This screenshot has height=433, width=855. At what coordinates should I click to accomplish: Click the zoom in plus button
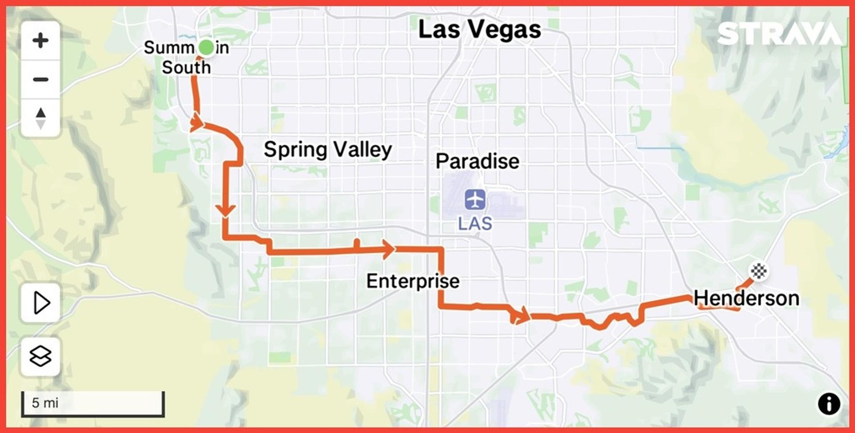tap(41, 40)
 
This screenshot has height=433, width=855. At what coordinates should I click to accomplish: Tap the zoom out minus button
tap(41, 80)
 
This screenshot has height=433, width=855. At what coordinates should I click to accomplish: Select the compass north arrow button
tap(41, 118)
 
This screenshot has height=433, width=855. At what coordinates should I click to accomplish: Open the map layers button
tap(41, 356)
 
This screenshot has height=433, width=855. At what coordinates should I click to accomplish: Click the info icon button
tap(829, 404)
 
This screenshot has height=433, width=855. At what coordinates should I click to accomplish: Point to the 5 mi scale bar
tap(93, 403)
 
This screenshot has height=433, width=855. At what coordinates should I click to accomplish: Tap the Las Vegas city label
tap(480, 30)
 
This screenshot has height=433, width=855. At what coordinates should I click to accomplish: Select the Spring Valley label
tap(328, 149)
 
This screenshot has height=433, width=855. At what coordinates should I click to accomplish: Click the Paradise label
tap(477, 161)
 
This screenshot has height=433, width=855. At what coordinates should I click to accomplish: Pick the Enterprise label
tap(413, 281)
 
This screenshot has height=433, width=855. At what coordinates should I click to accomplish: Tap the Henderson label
tap(746, 298)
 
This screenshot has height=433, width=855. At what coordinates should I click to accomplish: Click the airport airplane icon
tap(475, 199)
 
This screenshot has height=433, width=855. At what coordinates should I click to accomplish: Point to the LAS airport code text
tap(475, 223)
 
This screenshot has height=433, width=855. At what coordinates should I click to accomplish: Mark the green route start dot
tap(206, 47)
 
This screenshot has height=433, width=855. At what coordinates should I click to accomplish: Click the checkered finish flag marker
tap(758, 271)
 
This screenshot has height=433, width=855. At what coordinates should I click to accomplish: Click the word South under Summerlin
tap(186, 68)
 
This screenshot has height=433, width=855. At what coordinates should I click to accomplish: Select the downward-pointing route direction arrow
tap(226, 210)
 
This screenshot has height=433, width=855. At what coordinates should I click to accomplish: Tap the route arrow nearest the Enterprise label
tap(388, 249)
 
